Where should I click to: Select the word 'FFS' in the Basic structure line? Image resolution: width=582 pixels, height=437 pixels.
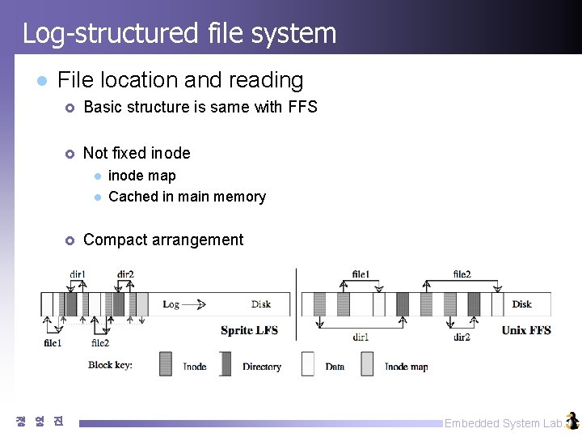pyautogui.click(x=302, y=107)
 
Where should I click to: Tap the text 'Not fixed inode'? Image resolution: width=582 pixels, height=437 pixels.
pyautogui.click(x=137, y=153)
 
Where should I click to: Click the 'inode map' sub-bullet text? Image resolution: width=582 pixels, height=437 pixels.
pyautogui.click(x=142, y=176)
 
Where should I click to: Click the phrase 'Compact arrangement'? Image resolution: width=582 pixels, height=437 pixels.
pyautogui.click(x=163, y=240)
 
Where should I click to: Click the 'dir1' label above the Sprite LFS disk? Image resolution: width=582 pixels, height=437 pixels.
pyautogui.click(x=78, y=274)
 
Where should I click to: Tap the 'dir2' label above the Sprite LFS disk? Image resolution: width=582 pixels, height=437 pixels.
pyautogui.click(x=125, y=274)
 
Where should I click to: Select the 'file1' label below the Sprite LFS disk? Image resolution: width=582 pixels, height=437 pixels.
pyautogui.click(x=53, y=343)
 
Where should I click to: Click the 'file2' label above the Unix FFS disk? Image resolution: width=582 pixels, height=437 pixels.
pyautogui.click(x=462, y=274)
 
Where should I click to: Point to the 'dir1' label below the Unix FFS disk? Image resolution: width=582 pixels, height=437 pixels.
pyautogui.click(x=361, y=337)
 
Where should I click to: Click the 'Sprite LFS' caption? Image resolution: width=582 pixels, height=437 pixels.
pyautogui.click(x=249, y=330)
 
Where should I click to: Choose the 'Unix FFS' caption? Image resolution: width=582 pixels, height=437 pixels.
pyautogui.click(x=526, y=330)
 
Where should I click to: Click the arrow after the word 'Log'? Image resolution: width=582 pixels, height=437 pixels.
pyautogui.click(x=195, y=304)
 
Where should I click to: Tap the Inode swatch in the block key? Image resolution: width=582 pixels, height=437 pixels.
pyautogui.click(x=166, y=363)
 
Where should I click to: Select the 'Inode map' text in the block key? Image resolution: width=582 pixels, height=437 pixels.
pyautogui.click(x=406, y=367)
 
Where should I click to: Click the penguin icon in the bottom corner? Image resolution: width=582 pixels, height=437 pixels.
pyautogui.click(x=572, y=421)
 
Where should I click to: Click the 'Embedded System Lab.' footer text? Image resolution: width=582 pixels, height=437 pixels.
pyautogui.click(x=504, y=423)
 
